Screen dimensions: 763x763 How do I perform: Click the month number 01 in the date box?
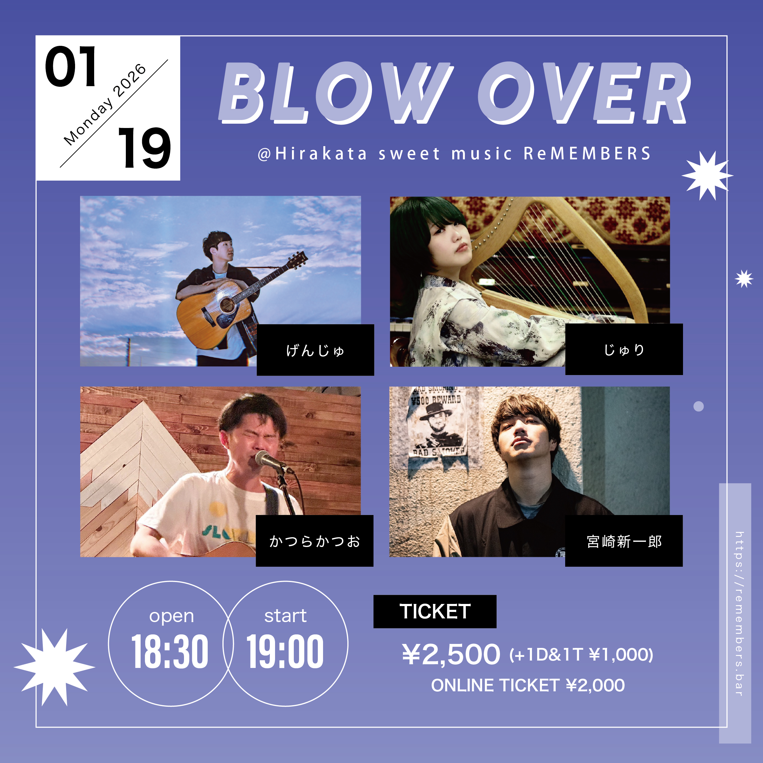[x=71, y=66]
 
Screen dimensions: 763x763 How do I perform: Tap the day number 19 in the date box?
[x=144, y=148]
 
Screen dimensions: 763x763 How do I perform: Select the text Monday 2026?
[x=105, y=104]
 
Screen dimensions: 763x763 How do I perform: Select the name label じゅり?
[x=624, y=350]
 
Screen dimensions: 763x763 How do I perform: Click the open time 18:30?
[x=170, y=652]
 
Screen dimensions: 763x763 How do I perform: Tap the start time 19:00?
[x=285, y=652]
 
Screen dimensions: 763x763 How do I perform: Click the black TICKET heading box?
[x=435, y=611]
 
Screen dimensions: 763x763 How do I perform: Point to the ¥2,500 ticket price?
[x=451, y=654]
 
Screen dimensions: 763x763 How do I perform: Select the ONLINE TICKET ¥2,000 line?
[x=528, y=685]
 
